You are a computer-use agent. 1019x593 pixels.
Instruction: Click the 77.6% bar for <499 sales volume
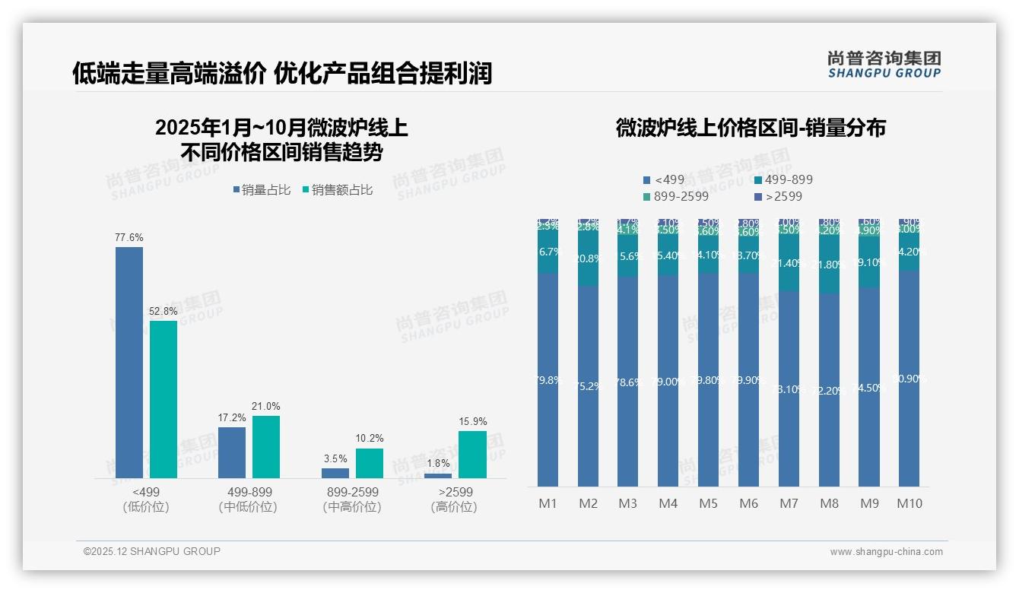[129, 362]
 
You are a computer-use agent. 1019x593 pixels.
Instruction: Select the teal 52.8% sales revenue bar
[163, 399]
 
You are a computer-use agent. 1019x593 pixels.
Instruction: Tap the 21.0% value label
[266, 407]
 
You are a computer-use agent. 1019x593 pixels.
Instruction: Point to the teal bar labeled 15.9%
[472, 455]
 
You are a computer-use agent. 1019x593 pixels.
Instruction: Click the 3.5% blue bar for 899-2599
[335, 473]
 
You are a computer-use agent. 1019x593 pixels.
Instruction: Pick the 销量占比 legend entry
[261, 190]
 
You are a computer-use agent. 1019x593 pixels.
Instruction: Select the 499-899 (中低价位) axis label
[249, 499]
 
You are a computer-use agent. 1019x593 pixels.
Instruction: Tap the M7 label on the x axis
[789, 503]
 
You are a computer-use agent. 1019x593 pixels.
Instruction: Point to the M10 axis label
[909, 503]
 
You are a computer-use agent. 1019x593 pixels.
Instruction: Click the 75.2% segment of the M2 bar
[588, 386]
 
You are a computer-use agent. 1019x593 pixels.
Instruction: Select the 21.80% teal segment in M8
[829, 265]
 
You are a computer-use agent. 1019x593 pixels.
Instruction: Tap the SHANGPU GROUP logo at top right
[884, 65]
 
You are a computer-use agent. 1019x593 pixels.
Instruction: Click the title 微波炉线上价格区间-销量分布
[750, 128]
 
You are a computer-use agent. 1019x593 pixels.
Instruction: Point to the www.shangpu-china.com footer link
[886, 552]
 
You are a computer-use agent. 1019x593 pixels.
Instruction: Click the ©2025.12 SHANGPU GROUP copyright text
[152, 551]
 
